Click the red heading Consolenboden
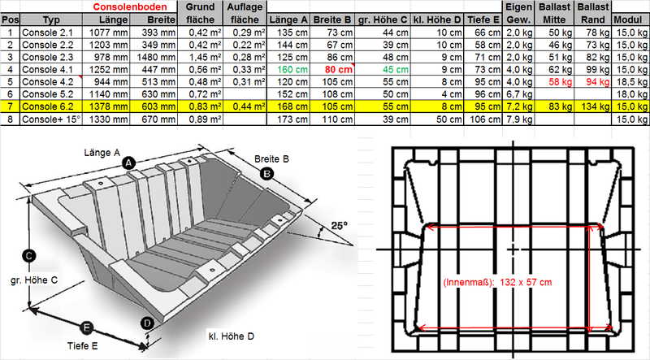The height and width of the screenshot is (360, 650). pos(130,7)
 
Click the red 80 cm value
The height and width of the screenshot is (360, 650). pos(338,70)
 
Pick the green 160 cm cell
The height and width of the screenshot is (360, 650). pos(292,70)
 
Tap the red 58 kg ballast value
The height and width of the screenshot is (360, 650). pos(560,82)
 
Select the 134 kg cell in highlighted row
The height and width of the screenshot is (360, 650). pos(595,106)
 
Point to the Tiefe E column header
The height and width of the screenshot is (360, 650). pos(483,20)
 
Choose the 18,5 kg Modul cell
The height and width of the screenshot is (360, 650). pos(632,82)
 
